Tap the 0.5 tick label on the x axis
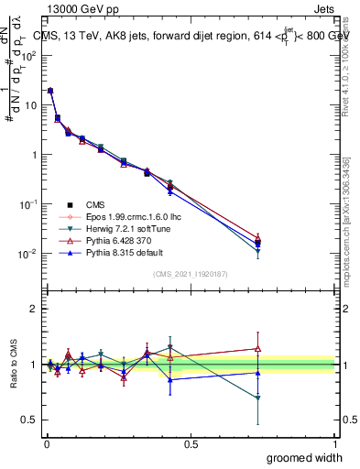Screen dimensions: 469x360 [191, 444]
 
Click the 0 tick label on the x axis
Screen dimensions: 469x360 [46, 444]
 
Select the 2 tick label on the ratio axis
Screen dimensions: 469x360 [32, 309]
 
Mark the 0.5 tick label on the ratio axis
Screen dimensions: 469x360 [28, 420]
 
